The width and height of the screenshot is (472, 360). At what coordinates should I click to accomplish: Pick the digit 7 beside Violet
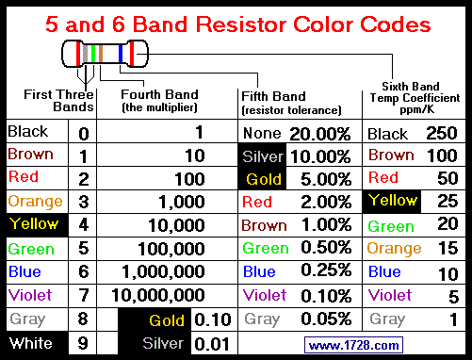click(x=84, y=296)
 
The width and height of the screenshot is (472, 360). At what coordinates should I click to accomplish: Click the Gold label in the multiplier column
click(x=167, y=320)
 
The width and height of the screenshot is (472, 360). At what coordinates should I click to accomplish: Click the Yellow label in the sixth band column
click(x=392, y=201)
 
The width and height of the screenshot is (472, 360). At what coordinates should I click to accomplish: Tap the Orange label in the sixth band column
click(x=394, y=249)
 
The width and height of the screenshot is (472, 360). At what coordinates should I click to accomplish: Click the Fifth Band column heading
click(x=273, y=96)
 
